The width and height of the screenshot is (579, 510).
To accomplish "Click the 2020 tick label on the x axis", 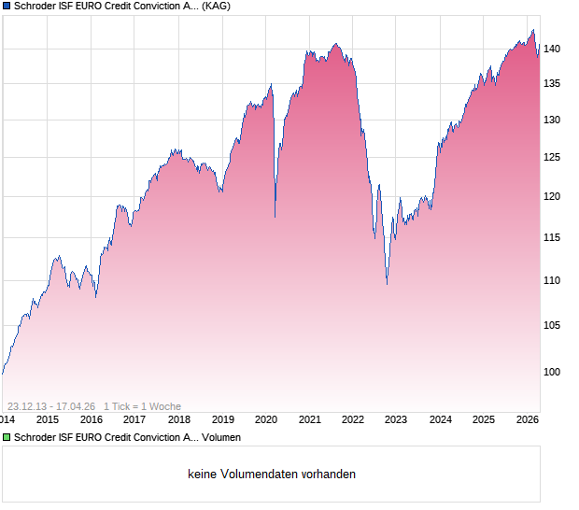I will point(266,419).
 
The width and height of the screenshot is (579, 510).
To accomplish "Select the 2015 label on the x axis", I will point(48,419).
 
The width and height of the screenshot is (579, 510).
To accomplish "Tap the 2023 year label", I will point(396,419).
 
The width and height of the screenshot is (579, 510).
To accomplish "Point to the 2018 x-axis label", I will point(178,419).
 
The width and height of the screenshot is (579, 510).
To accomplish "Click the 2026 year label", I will point(527,419).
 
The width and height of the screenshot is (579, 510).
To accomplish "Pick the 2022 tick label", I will point(353,419).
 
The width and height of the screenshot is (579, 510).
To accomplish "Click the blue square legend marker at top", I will point(7,6).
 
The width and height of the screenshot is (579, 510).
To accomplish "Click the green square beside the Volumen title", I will point(7,436).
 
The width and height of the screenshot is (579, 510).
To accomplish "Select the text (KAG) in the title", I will point(217,6).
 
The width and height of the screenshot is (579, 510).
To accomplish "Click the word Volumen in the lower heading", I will point(221,436).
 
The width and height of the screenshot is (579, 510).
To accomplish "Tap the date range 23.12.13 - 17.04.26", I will point(50,406).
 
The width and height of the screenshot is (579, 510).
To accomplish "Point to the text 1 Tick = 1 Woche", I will point(142,406).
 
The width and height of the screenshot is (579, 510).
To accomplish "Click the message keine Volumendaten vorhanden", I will point(272,475).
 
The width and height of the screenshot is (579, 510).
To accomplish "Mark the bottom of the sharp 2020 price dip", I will point(275,218).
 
